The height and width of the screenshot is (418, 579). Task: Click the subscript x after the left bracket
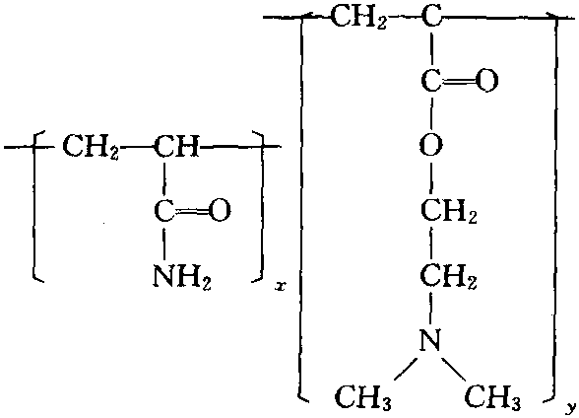pyautogui.click(x=281, y=287)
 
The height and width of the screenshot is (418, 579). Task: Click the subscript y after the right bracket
pyautogui.click(x=571, y=408)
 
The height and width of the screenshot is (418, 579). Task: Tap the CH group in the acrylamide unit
pyautogui.click(x=176, y=146)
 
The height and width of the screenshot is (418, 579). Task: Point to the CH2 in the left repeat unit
pyautogui.click(x=91, y=147)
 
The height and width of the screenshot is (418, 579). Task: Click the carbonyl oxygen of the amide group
pyautogui.click(x=220, y=211)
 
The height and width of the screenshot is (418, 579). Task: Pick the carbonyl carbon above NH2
pyautogui.click(x=163, y=211)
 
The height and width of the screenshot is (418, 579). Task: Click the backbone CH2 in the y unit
pyautogui.click(x=358, y=17)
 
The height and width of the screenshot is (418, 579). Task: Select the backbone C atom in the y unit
pyautogui.click(x=431, y=16)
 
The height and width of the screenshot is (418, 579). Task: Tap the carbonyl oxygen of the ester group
pyautogui.click(x=487, y=81)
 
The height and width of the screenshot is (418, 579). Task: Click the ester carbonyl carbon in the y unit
pyautogui.click(x=431, y=81)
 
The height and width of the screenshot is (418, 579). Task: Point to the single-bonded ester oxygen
pyautogui.click(x=431, y=145)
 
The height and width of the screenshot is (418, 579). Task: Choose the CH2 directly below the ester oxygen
pyautogui.click(x=449, y=211)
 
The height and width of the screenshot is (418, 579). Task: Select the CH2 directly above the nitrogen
pyautogui.click(x=449, y=276)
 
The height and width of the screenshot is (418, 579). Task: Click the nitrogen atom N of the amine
pyautogui.click(x=431, y=340)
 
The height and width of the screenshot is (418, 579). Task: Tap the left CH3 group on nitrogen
pyautogui.click(x=363, y=398)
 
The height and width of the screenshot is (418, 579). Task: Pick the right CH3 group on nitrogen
pyautogui.click(x=492, y=398)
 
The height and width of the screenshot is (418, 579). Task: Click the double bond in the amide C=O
pyautogui.click(x=191, y=211)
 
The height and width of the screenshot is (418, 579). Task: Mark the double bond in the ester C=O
pyautogui.click(x=459, y=81)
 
